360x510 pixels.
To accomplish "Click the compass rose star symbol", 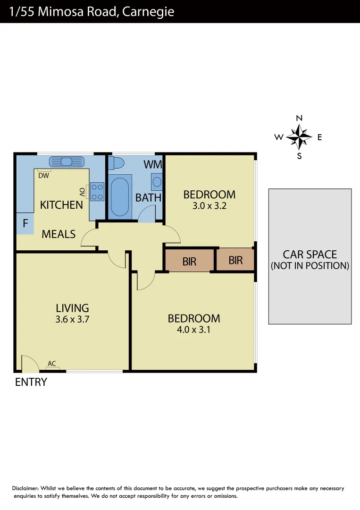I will (x=299, y=137).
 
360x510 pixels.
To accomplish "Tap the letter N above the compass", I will (x=299, y=118).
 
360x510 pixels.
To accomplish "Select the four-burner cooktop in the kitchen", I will (x=98, y=191).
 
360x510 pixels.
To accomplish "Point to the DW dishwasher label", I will (x=44, y=176).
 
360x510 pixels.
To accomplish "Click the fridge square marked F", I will (x=25, y=224).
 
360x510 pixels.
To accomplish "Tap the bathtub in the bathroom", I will (x=120, y=196).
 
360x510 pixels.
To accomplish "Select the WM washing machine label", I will (x=153, y=165).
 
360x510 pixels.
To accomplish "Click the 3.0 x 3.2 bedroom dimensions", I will (x=209, y=206).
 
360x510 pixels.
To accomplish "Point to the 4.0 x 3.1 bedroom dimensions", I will (x=193, y=330).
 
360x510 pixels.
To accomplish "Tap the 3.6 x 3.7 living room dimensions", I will (x=72, y=319).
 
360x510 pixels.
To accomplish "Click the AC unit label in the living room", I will (x=52, y=364).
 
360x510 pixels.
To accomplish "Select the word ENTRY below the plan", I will (x=31, y=382).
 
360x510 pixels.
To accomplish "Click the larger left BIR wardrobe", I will (x=189, y=261).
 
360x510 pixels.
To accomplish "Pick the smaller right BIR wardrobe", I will (x=235, y=260).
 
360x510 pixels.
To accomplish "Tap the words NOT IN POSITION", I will (x=310, y=266).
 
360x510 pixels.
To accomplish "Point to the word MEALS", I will (x=59, y=234).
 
